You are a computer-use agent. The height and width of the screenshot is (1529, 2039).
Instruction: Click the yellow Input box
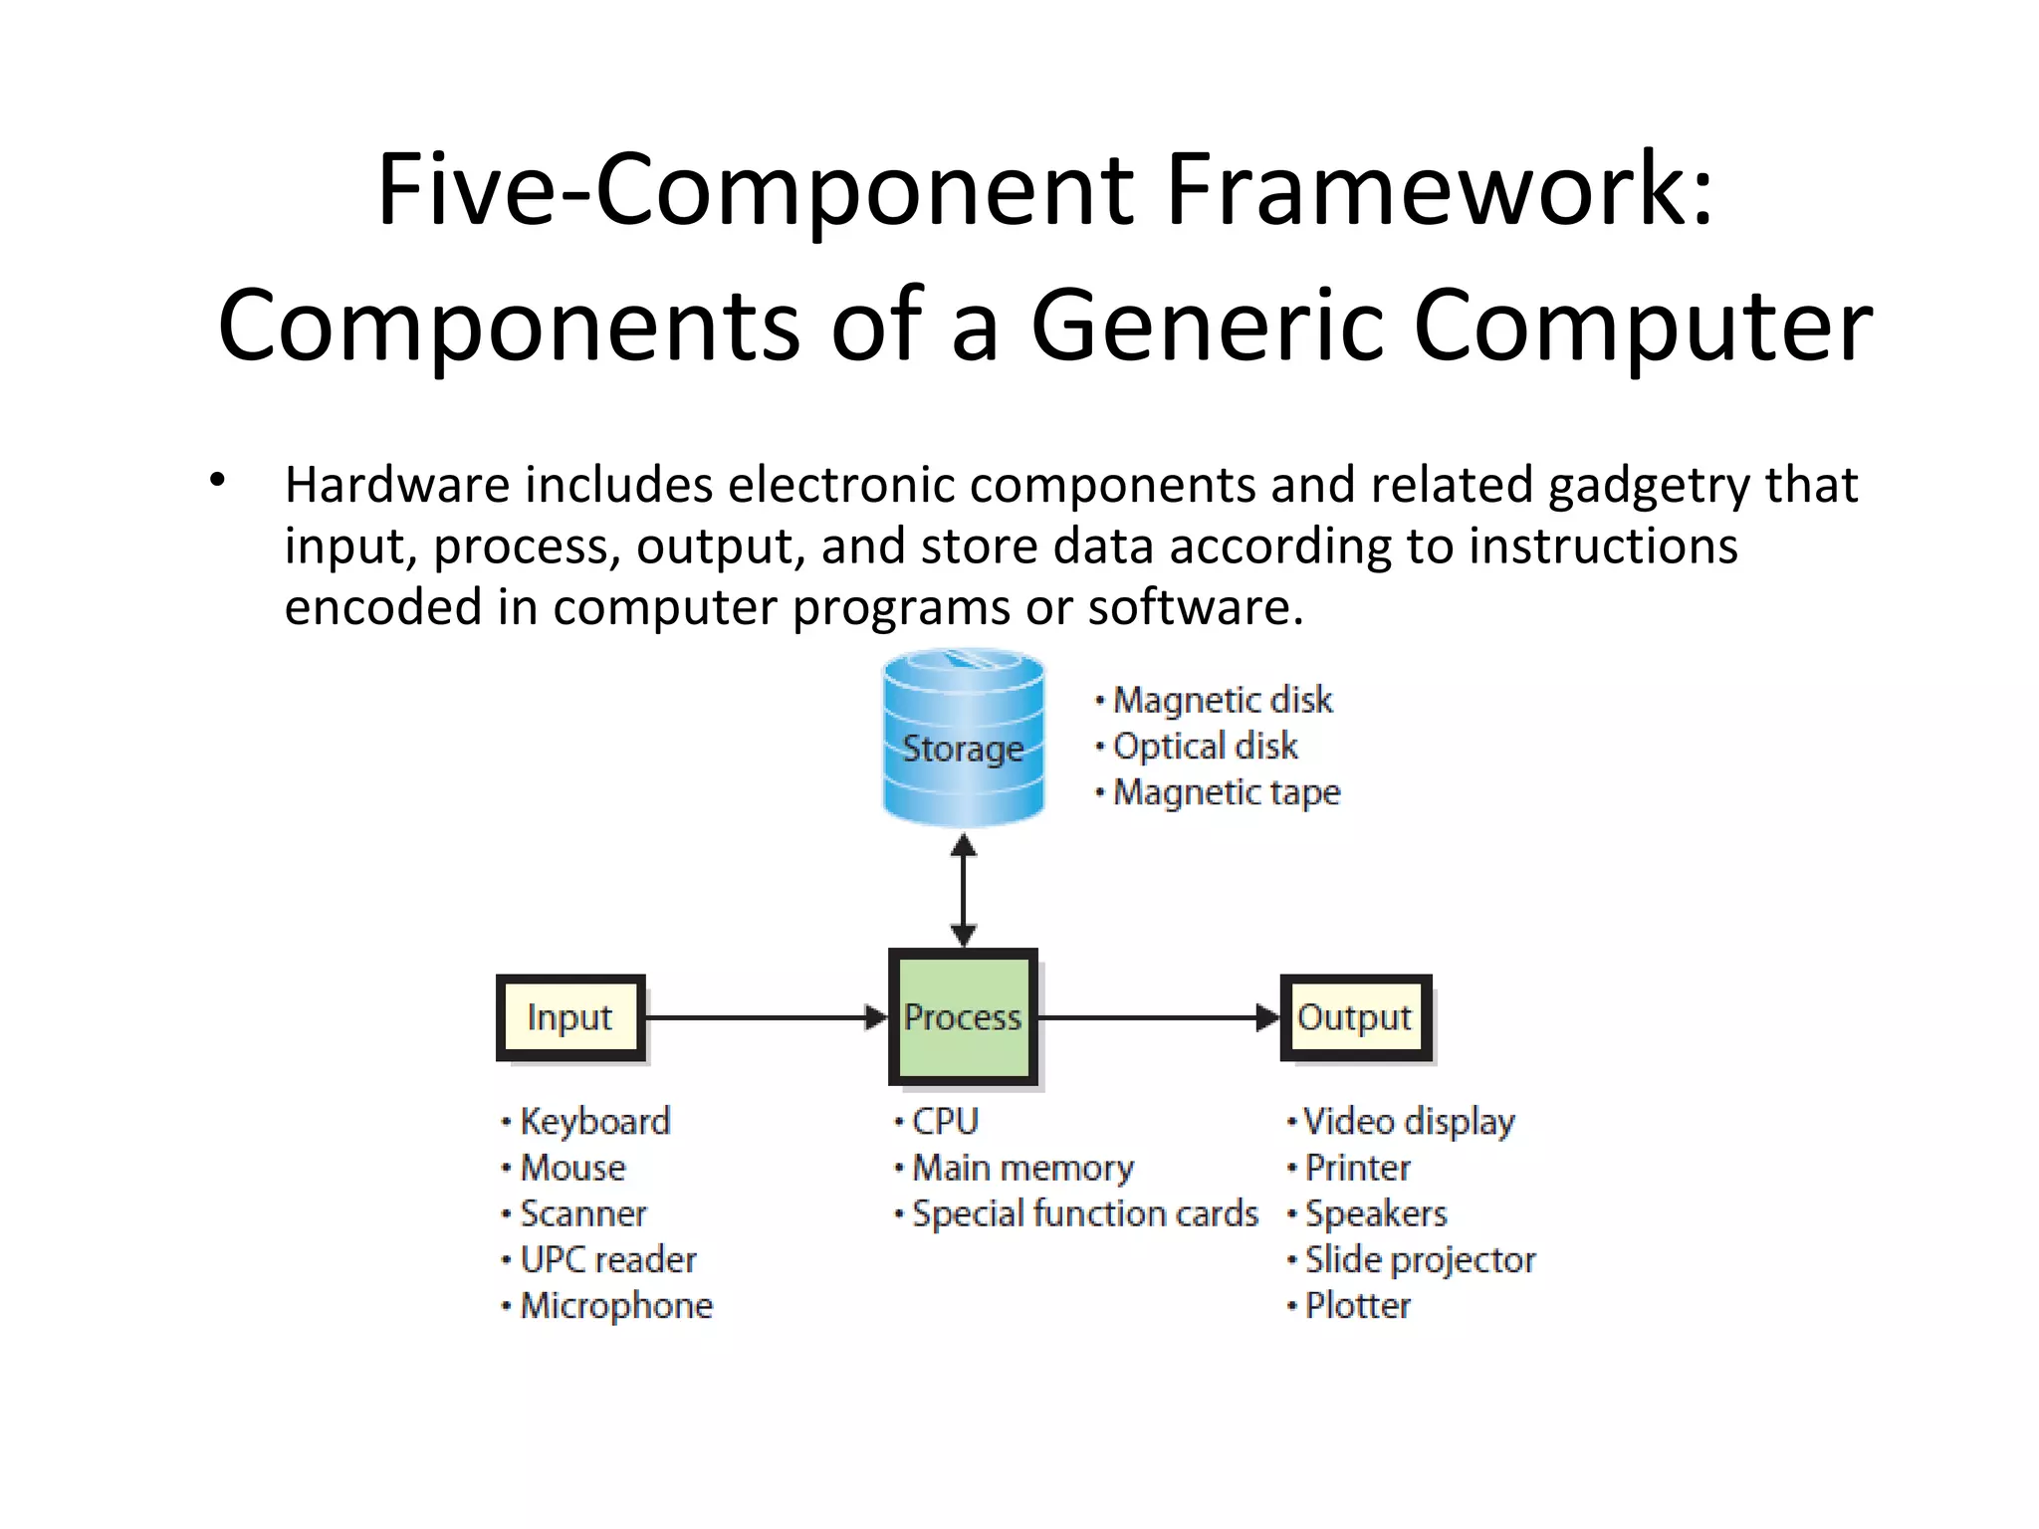coord(570,1017)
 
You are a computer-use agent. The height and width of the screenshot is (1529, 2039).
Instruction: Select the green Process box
coord(963,1016)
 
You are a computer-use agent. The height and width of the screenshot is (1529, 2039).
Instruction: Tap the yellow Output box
coord(1355,1017)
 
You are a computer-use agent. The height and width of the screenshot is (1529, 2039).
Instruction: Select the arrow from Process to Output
coord(1155,1017)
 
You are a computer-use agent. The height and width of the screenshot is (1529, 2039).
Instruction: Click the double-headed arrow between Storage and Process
coord(963,890)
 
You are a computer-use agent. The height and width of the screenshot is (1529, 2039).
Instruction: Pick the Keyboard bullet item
coord(594,1122)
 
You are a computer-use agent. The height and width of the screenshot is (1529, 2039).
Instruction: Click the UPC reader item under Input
coord(607,1260)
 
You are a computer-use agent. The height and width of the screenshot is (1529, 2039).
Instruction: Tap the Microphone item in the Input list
coord(615,1306)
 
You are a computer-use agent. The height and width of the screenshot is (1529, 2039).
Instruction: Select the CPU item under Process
coord(945,1122)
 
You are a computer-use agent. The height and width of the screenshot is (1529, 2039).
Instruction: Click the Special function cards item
coord(1084,1214)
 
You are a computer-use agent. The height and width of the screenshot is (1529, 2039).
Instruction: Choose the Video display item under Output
coord(1408,1122)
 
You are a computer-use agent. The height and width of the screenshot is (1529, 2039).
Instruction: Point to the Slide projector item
coord(1420,1260)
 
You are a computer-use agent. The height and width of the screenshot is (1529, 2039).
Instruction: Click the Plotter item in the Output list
coord(1357,1306)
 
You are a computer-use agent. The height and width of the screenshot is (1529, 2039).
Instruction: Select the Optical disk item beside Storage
coord(1205,747)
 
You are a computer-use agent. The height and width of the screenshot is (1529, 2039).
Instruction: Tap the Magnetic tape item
coord(1226,792)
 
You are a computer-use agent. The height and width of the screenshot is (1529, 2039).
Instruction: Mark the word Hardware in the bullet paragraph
coord(398,486)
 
